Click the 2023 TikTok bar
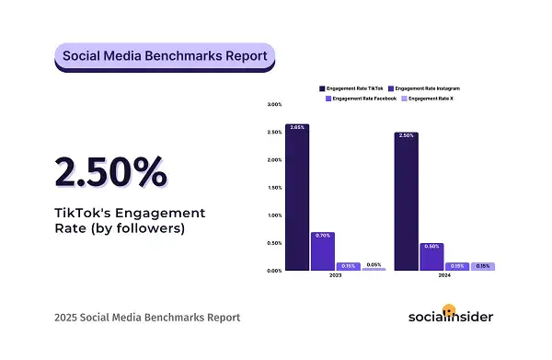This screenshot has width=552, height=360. point(297,197)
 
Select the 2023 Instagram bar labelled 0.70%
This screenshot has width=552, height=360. point(322,251)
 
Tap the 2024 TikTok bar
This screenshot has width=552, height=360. point(407,202)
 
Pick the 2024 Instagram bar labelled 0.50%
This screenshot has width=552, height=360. point(431,257)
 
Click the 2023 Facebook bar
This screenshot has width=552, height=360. point(348,267)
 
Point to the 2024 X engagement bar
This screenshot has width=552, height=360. point(482,267)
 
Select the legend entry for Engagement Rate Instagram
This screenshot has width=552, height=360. point(428,87)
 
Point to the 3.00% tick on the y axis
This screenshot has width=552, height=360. point(274,105)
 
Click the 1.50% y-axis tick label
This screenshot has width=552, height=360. point(274,188)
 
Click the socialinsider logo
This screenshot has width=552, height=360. point(450,317)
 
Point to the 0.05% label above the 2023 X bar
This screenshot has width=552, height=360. point(373,264)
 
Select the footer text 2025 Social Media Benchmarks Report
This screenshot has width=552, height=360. point(147,318)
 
